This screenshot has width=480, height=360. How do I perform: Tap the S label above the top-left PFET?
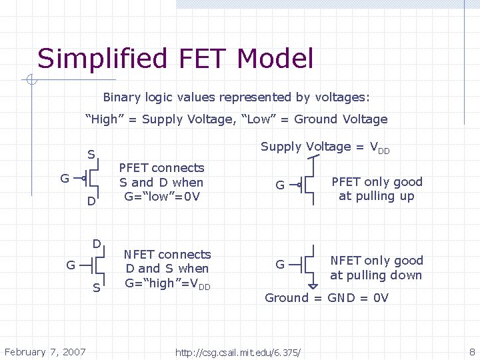click(91, 155)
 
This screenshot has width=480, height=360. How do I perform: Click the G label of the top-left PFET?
click(65, 179)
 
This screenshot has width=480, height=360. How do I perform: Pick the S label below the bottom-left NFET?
click(97, 288)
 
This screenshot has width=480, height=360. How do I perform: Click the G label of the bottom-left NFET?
click(70, 265)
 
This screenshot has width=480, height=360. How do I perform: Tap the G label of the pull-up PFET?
click(281, 185)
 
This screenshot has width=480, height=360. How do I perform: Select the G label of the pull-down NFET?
click(281, 265)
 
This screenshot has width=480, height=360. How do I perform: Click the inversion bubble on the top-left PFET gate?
click(84, 178)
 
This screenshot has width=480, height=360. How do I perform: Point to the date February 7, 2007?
click(45, 351)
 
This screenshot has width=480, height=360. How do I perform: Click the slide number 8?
click(472, 351)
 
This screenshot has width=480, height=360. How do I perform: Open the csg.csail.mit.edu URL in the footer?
click(238, 352)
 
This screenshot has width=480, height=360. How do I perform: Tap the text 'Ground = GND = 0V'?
click(327, 298)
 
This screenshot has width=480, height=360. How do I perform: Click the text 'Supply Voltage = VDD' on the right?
click(325, 147)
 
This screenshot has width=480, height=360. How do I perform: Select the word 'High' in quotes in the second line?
click(101, 119)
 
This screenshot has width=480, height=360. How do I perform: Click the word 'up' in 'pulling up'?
click(407, 196)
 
